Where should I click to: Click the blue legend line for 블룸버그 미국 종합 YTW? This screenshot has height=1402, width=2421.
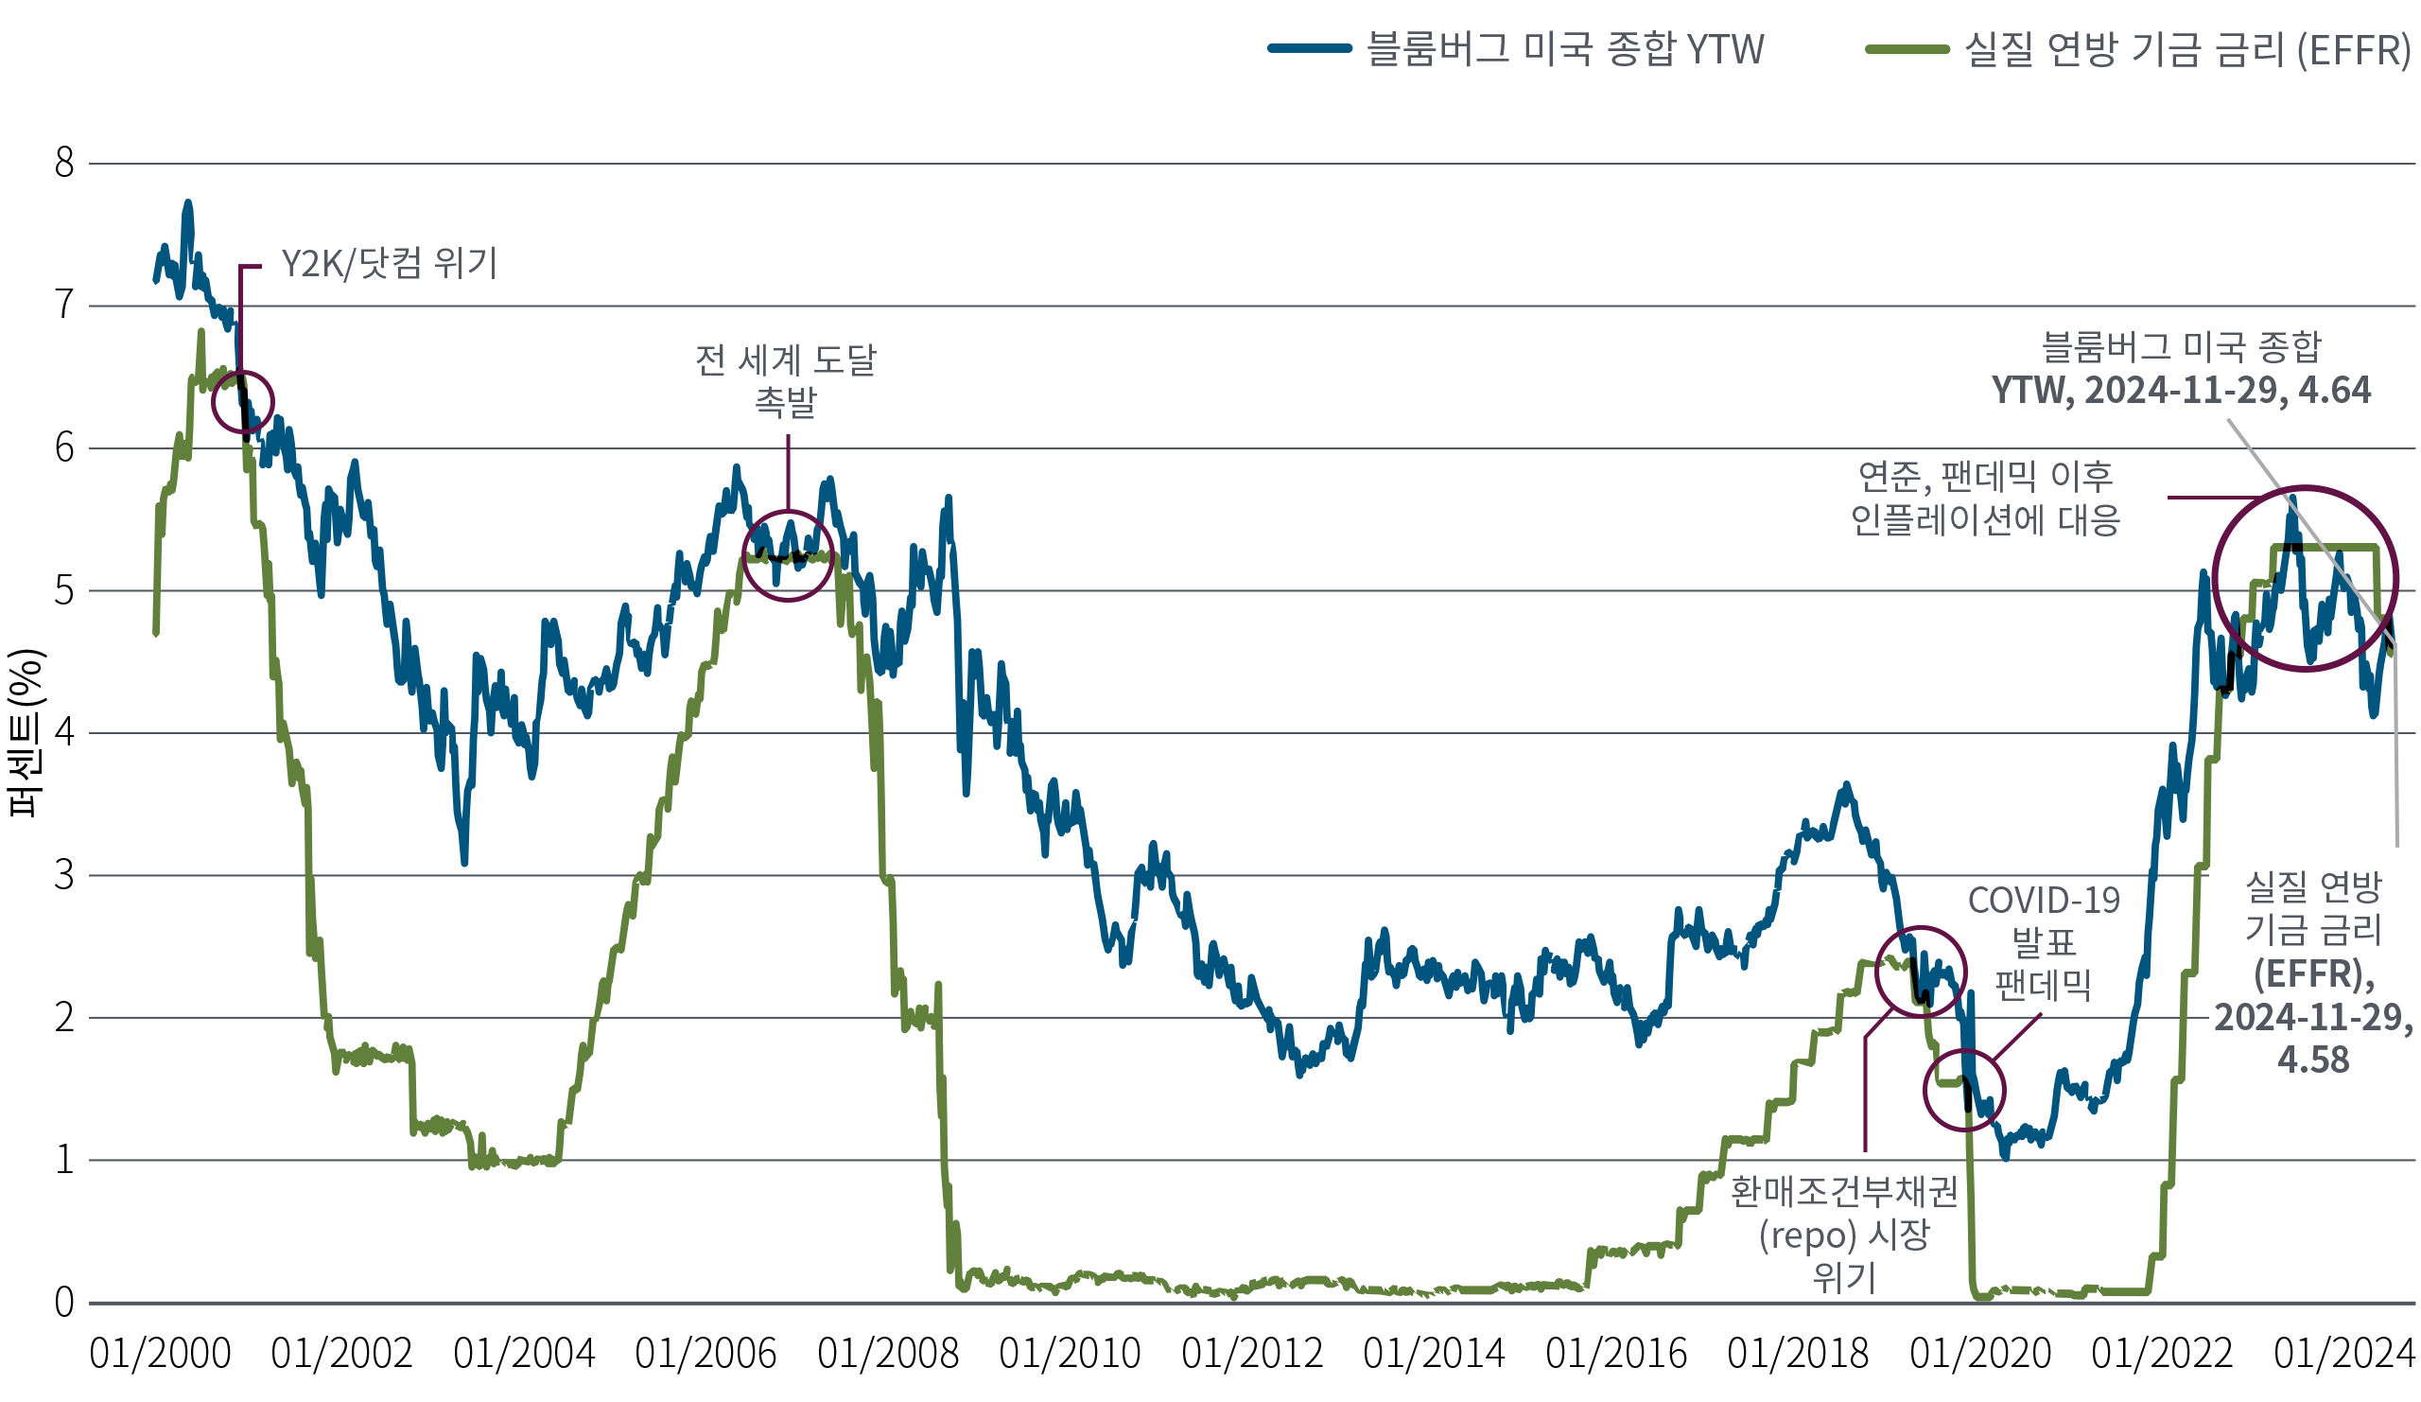click(1310, 48)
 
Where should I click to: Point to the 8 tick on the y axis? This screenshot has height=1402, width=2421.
click(63, 164)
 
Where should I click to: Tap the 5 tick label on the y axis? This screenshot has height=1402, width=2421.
click(63, 591)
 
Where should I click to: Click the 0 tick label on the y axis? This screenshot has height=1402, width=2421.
click(63, 1303)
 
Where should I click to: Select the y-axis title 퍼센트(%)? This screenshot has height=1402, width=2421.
click(25, 732)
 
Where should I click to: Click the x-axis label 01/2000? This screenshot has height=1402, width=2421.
click(160, 1355)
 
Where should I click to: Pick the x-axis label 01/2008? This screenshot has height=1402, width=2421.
click(888, 1355)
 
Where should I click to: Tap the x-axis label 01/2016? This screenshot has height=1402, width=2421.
click(1616, 1355)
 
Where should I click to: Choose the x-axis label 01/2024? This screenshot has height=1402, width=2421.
click(2343, 1355)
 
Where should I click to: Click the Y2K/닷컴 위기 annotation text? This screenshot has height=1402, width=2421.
click(389, 263)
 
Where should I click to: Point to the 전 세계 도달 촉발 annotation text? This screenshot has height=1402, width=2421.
click(786, 380)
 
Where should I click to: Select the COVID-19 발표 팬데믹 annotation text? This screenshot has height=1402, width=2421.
click(2044, 941)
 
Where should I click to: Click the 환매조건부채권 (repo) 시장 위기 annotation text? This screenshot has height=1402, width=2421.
click(1843, 1235)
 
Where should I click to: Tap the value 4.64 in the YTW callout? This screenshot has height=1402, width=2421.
click(2334, 390)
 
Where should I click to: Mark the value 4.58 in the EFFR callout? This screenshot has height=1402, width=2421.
click(2312, 1059)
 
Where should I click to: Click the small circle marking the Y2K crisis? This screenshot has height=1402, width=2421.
click(242, 402)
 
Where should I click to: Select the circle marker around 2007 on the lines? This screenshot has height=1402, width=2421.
click(788, 555)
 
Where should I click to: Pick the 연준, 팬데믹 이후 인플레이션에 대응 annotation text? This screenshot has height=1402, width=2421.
click(1985, 498)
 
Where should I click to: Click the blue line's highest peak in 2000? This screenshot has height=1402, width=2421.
click(188, 202)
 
